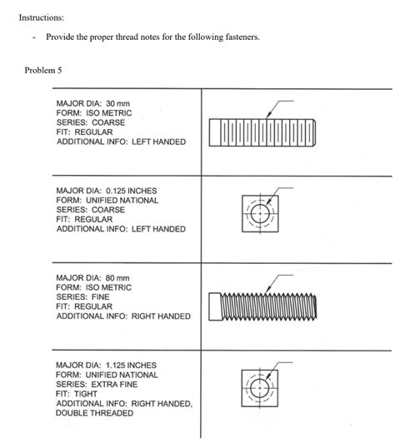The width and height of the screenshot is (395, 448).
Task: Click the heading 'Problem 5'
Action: coord(43,70)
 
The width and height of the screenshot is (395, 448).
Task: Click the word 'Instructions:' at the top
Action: coord(42,17)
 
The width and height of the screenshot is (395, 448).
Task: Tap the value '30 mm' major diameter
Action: coord(117,103)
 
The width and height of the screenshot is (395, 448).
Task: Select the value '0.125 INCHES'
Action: coord(132,191)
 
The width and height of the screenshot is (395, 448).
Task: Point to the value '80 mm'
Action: coord(117,278)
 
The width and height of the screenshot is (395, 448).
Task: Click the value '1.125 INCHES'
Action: coord(131,365)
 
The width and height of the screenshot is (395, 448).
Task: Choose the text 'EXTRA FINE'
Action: coord(114,384)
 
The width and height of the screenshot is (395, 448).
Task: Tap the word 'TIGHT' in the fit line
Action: coord(86,394)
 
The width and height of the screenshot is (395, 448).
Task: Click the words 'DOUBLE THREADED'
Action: coord(94,413)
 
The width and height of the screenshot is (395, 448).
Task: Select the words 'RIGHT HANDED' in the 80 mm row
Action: coord(161,316)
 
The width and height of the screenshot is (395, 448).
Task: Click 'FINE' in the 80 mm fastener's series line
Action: coord(100,296)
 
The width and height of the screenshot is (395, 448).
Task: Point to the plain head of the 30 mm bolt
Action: coord(215,133)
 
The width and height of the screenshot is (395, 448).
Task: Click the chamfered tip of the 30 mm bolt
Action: coord(314,133)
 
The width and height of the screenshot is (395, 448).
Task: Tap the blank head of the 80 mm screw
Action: coord(215,306)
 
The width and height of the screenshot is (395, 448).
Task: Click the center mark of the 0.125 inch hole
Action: coord(260,213)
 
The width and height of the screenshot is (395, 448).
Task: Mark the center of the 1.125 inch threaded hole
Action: coord(260,388)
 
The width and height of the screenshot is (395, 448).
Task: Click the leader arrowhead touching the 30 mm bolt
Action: coord(267,116)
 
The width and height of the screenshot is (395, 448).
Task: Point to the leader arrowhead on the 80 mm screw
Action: coord(268,290)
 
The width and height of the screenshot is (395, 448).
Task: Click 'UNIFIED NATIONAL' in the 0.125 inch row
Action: coord(122,201)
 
